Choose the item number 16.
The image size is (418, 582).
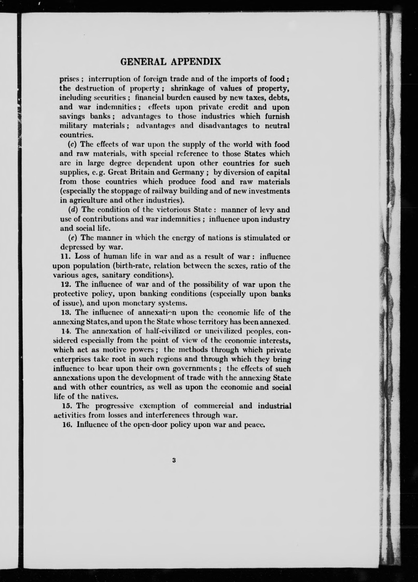[x=67, y=424]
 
